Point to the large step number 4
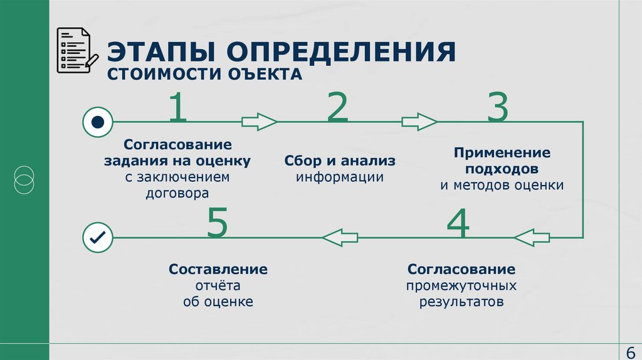(x=458, y=224)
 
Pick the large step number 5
(x=217, y=224)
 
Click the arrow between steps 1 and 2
(x=260, y=122)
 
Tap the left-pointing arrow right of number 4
(x=532, y=238)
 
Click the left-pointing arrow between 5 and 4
(x=340, y=238)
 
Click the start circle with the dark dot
(x=98, y=122)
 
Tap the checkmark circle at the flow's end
(x=98, y=238)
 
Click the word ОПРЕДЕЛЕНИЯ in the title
(x=337, y=52)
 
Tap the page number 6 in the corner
(x=630, y=351)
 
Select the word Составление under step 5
(x=218, y=269)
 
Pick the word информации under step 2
(x=340, y=177)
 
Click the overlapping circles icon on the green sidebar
(x=24, y=179)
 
